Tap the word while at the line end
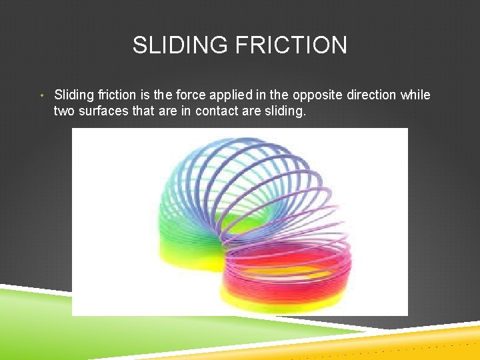pos(415,95)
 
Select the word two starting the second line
pos(64,111)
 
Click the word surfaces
pos(103,111)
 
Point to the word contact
pos(217,111)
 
